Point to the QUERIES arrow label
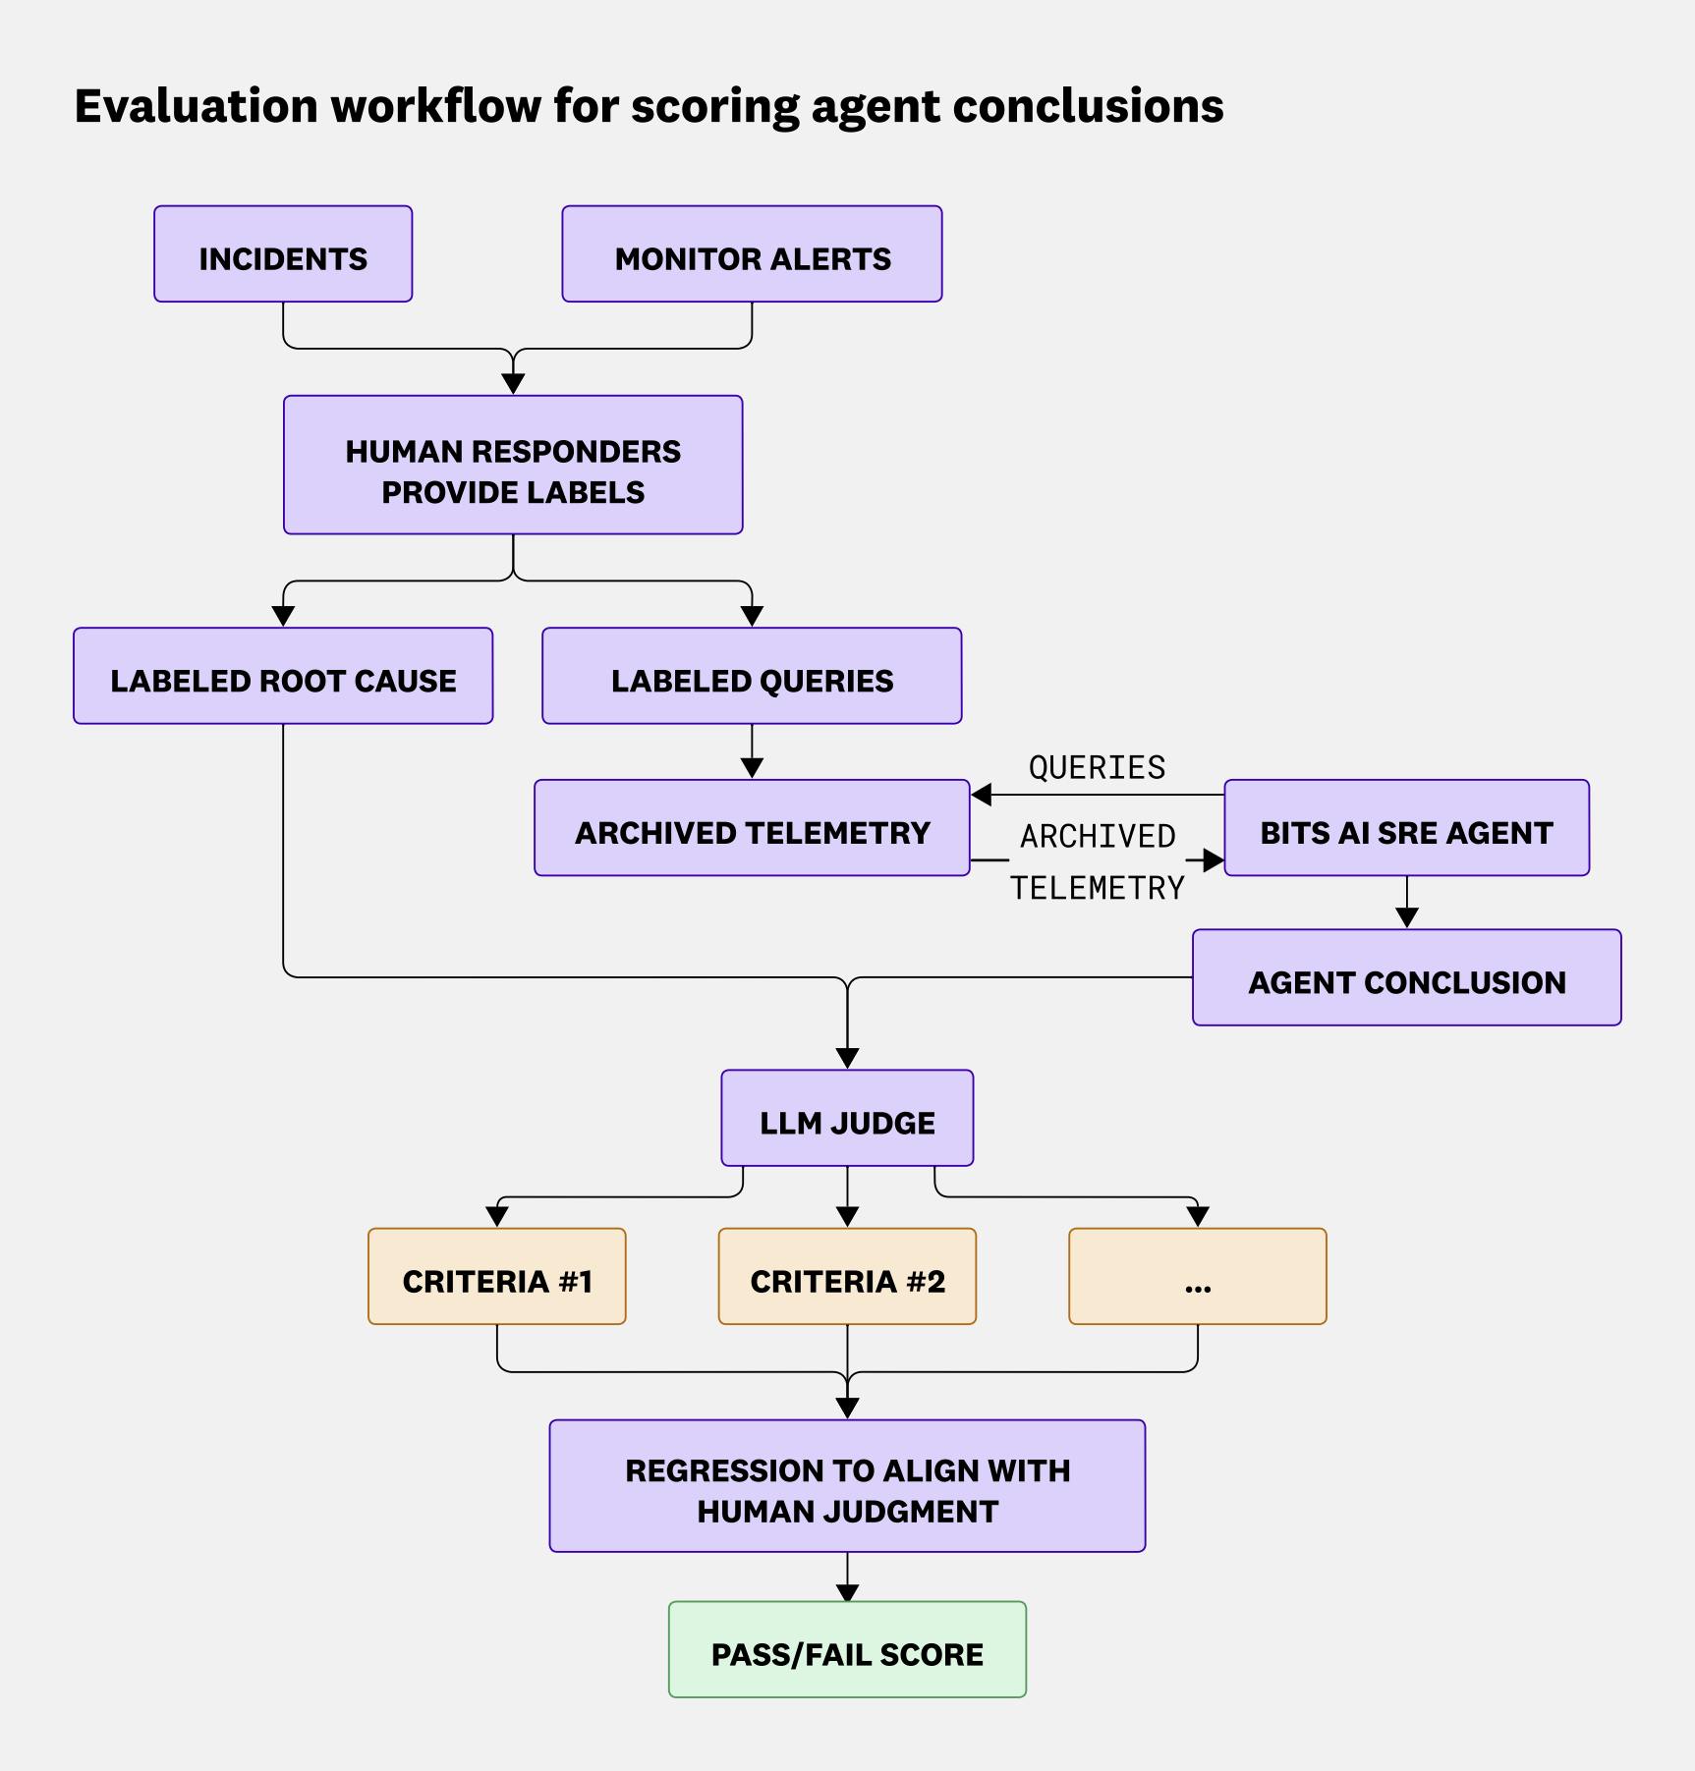(x=1097, y=767)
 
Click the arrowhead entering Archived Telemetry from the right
(x=981, y=795)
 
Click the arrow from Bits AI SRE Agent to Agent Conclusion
(x=1406, y=903)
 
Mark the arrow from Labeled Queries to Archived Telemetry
(x=752, y=752)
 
